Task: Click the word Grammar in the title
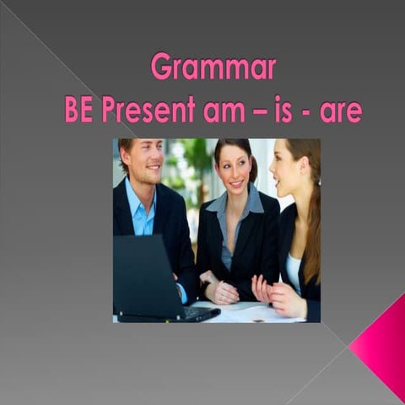(213, 67)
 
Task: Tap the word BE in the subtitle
(79, 110)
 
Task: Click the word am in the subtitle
(222, 111)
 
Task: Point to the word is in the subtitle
(286, 110)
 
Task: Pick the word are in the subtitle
(341, 111)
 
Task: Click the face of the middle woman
(233, 169)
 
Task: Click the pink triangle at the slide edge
(381, 346)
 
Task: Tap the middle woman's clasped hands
(221, 292)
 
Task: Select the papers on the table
(253, 312)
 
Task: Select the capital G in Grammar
(160, 66)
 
